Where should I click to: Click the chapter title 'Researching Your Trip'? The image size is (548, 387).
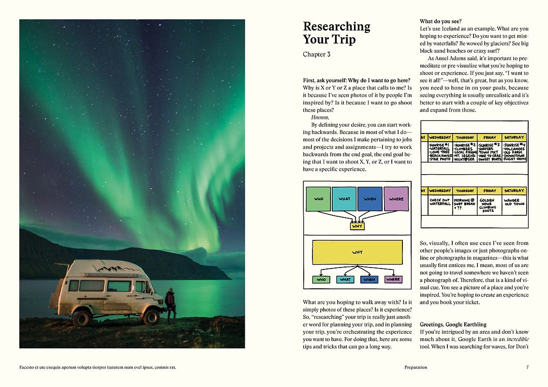336,33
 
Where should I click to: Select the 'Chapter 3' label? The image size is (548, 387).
316,55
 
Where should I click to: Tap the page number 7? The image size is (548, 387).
527,367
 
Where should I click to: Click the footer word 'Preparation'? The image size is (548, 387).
415,367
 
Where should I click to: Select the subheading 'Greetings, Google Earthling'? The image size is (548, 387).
453,324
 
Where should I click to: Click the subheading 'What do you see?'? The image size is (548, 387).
441,21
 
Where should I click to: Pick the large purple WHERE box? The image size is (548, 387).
396,199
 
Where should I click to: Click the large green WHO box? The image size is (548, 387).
318,199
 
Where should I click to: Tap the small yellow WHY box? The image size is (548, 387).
357,226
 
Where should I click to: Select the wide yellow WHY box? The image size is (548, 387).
357,252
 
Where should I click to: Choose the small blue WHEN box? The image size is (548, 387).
370,280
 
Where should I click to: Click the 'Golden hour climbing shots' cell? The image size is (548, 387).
488,205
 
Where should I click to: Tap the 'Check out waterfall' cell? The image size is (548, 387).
440,202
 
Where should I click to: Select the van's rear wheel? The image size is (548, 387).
82,318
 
